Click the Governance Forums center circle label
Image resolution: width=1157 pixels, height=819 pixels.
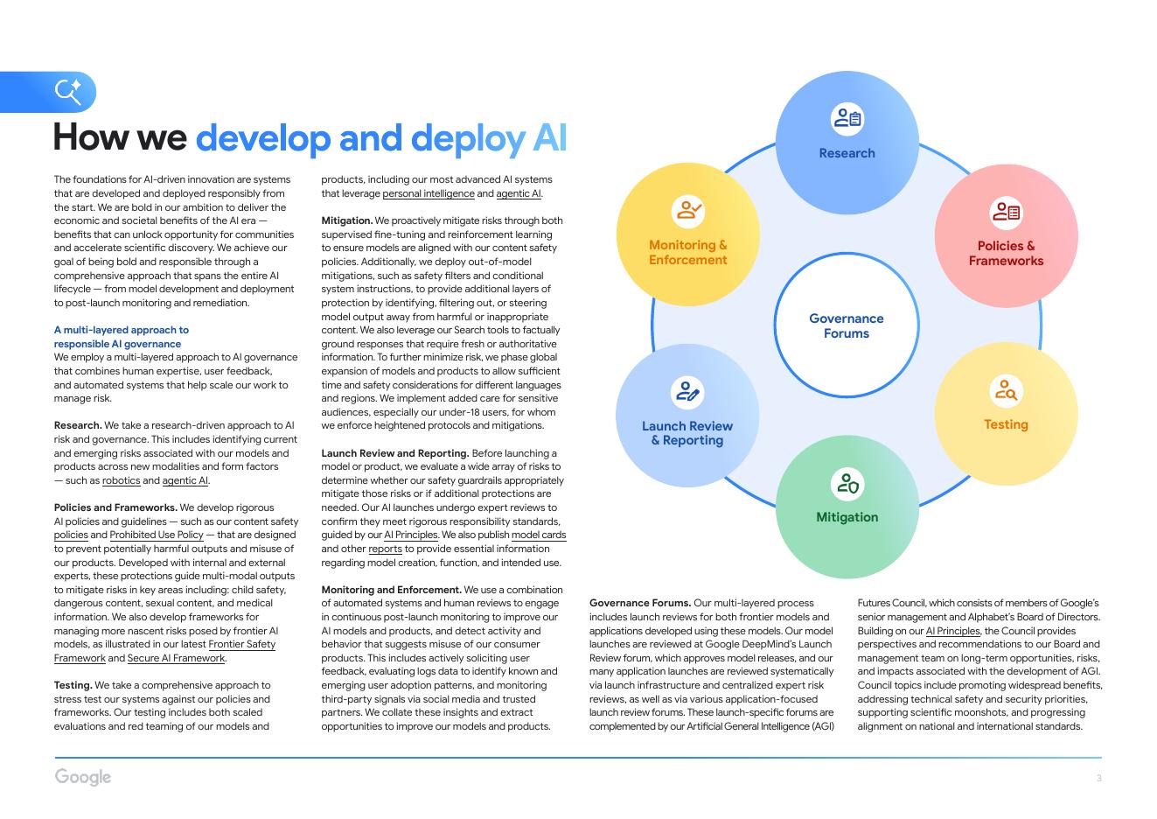click(846, 325)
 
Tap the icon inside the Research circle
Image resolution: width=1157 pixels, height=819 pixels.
click(847, 118)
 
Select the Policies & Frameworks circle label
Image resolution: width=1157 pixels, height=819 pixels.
click(1006, 253)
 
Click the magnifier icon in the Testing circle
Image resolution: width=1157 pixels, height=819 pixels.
click(1006, 389)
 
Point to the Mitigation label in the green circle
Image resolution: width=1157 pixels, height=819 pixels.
click(847, 517)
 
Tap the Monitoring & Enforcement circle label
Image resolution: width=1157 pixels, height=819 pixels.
click(687, 252)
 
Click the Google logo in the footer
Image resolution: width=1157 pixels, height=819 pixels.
click(83, 777)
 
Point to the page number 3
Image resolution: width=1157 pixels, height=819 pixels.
click(1098, 778)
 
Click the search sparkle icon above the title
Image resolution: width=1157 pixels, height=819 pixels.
click(67, 91)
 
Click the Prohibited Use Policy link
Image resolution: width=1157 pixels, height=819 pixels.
click(157, 535)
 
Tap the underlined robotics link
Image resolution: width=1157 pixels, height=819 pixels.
click(121, 480)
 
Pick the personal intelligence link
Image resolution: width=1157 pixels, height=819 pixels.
click(429, 193)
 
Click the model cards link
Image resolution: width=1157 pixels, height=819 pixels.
click(539, 535)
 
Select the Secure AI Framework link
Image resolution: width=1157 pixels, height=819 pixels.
click(176, 658)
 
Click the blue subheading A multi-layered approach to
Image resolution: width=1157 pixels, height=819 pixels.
click(122, 330)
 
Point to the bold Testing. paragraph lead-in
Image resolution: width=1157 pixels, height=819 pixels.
click(73, 685)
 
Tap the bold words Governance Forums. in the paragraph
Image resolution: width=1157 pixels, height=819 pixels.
click(639, 603)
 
